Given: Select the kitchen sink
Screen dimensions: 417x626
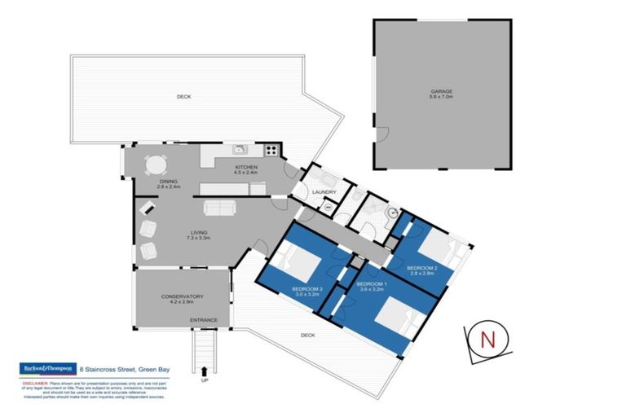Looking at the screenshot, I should (x=240, y=150).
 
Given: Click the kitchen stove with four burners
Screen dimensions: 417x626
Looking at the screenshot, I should (x=271, y=150).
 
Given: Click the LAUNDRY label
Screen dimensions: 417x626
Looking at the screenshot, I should (x=324, y=192).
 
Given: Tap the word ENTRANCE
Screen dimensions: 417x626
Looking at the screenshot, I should (x=203, y=319).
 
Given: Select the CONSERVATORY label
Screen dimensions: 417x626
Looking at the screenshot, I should (x=183, y=296).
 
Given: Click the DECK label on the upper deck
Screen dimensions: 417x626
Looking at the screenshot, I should (x=183, y=97).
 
